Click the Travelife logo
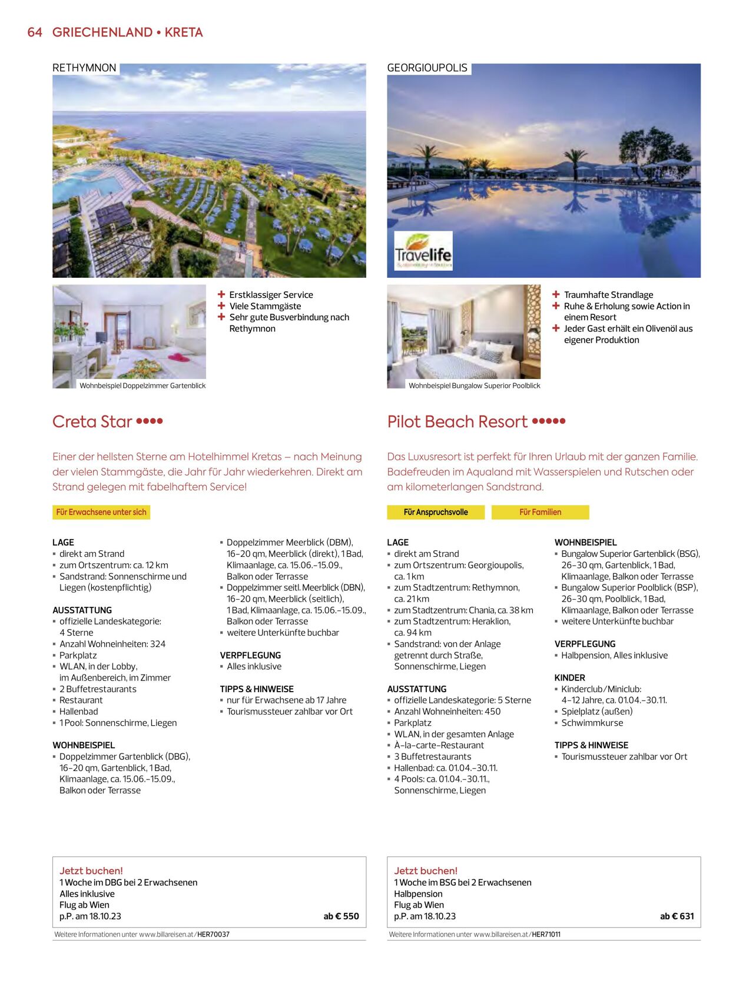click(423, 251)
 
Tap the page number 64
click(35, 32)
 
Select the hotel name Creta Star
click(92, 421)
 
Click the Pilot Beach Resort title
click(457, 421)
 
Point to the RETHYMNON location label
click(84, 68)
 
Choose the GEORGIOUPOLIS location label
click(427, 68)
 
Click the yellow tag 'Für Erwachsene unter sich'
click(101, 512)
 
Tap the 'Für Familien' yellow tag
click(540, 512)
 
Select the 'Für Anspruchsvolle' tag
click(436, 512)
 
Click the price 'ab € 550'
click(341, 916)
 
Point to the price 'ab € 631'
click(677, 916)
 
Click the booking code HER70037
click(213, 934)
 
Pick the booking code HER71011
click(546, 934)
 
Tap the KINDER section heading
click(569, 678)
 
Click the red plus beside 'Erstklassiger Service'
click(221, 294)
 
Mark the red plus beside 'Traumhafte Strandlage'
click(556, 294)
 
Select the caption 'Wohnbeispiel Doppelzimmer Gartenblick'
click(142, 386)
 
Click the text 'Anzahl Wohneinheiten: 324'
click(112, 644)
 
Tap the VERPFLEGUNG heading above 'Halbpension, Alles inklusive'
click(585, 644)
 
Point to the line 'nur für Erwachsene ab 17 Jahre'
click(287, 700)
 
